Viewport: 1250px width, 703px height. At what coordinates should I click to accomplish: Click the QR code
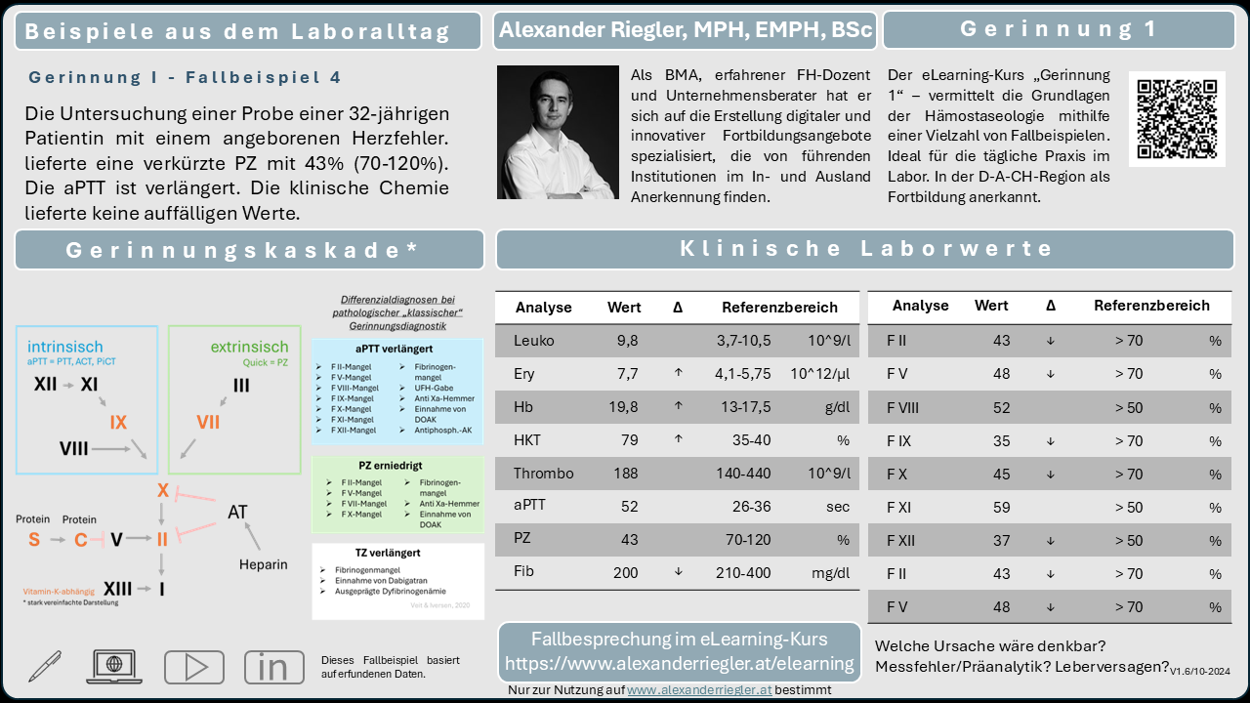pyautogui.click(x=1177, y=119)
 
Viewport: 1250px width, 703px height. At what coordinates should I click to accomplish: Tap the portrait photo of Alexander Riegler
pyautogui.click(x=558, y=133)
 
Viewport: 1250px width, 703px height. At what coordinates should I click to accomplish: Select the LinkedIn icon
pyautogui.click(x=273, y=667)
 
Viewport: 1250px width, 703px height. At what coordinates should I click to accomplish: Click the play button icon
pyautogui.click(x=193, y=667)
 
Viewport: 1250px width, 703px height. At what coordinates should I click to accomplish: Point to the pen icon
pyautogui.click(x=45, y=666)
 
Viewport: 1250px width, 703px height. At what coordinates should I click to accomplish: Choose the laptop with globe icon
pyautogui.click(x=116, y=666)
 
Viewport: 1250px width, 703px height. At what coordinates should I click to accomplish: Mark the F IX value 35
pyautogui.click(x=1001, y=441)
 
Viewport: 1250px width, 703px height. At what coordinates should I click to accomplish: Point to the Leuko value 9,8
pyautogui.click(x=626, y=341)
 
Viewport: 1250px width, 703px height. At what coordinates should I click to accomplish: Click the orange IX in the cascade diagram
pyautogui.click(x=118, y=423)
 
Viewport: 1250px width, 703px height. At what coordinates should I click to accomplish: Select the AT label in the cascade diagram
pyautogui.click(x=237, y=512)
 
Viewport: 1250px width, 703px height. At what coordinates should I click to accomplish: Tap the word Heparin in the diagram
pyautogui.click(x=263, y=564)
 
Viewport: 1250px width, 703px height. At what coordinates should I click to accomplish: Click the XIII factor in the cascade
pyautogui.click(x=118, y=589)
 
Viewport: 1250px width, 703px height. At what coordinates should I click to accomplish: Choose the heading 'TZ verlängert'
pyautogui.click(x=389, y=553)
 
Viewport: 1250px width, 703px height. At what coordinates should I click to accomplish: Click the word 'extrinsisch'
pyautogui.click(x=249, y=347)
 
